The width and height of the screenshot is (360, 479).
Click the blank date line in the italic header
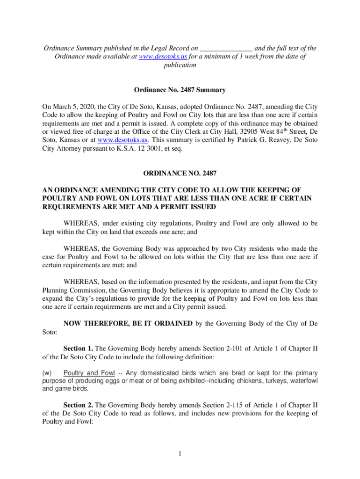coord(226,49)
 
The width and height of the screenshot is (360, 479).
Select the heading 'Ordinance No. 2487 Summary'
coord(180,90)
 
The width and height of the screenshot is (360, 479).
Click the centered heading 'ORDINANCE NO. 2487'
coord(180,174)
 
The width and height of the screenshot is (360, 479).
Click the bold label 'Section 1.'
coord(78,348)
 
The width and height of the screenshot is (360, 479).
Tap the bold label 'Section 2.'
coord(78,405)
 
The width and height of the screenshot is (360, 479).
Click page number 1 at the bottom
coord(180,453)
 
